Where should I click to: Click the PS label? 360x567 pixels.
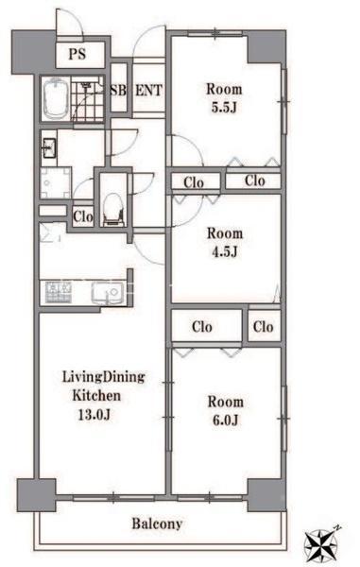pos(77,54)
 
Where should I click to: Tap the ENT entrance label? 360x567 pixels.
pos(148,91)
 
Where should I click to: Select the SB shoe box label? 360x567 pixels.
pos(118,91)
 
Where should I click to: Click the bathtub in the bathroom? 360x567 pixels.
pos(56,98)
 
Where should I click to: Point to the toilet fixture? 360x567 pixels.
pos(112,210)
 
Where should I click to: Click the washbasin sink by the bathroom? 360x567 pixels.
pos(49,148)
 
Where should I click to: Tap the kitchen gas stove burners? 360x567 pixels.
pos(58,292)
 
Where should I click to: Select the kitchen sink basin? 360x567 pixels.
pos(108,292)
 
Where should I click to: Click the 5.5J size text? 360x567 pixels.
pos(224,108)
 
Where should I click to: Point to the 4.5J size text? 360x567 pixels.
pos(225,251)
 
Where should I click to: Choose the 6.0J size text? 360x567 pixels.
pos(225,421)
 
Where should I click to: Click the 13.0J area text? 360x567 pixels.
pos(94,415)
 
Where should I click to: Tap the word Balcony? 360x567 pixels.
pos(157,524)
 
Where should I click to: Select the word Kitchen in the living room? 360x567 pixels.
pos(96,395)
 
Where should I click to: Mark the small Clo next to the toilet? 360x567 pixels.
pos(83,217)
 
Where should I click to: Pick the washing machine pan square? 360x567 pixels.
pos(56,182)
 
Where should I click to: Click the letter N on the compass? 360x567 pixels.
pos(337,528)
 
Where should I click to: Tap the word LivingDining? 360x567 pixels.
pos(104,377)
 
